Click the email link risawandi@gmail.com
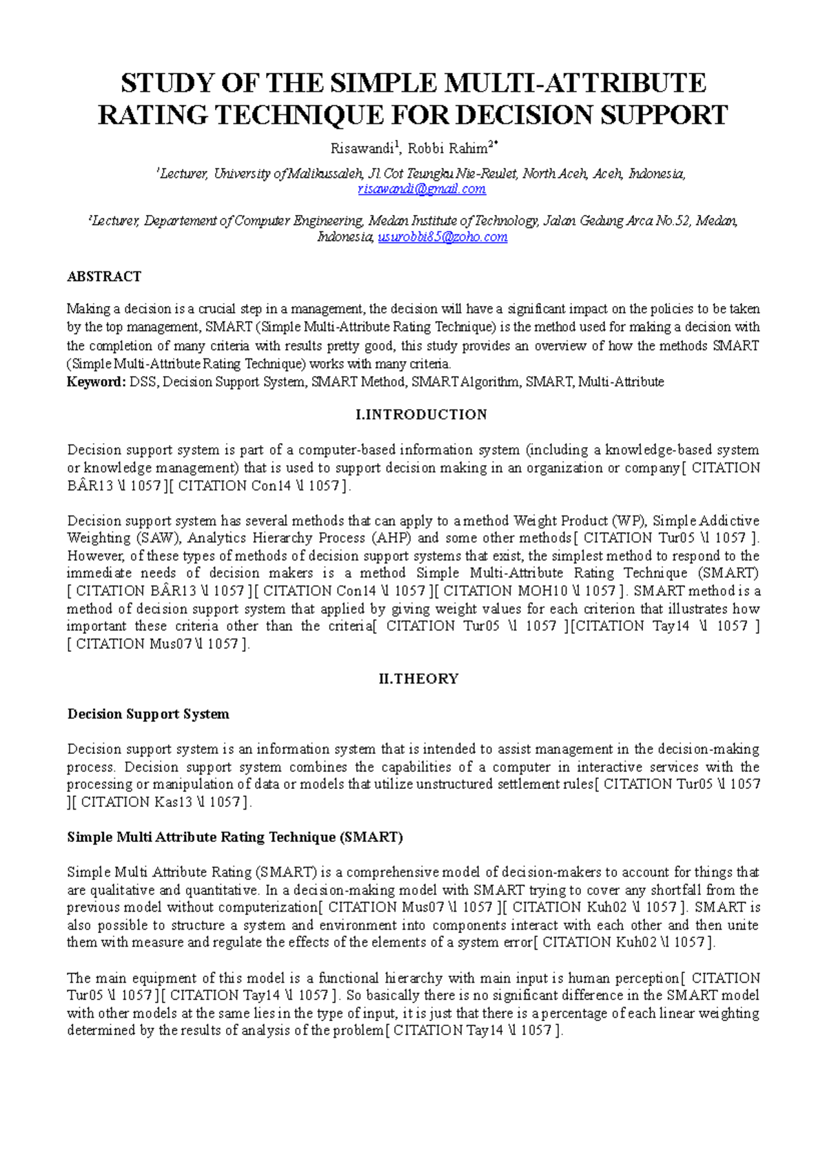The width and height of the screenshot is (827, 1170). (422, 189)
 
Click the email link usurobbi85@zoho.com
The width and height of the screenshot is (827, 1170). (442, 237)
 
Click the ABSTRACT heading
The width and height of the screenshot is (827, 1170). (104, 276)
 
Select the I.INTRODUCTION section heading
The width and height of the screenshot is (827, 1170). (421, 415)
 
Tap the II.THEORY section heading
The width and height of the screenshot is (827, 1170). (418, 679)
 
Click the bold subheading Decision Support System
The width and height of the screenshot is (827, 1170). (148, 714)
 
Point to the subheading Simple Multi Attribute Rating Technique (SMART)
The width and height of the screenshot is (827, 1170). (235, 837)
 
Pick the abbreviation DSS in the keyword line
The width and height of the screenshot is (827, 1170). (143, 382)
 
